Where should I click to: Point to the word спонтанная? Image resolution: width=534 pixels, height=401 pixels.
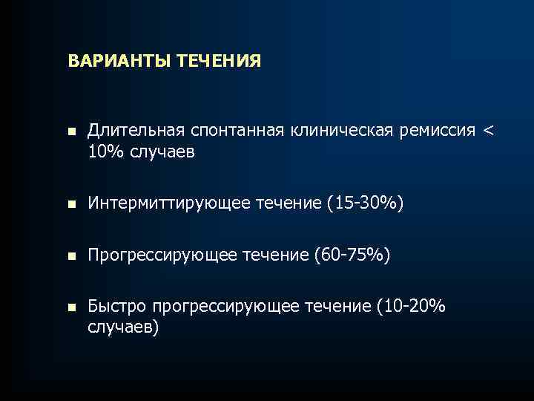232,132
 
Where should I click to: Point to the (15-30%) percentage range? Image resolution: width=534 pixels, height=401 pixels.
365,203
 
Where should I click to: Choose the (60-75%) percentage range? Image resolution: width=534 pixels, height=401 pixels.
352,256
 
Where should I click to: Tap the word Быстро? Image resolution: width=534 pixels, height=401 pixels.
116,306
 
